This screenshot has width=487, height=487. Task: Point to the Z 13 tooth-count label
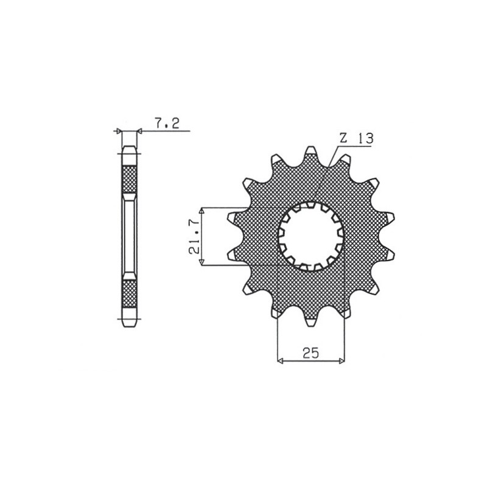pos(356,139)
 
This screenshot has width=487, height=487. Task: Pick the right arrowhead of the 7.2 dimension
pos(139,130)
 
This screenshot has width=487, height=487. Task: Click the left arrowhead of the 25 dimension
pos(280,361)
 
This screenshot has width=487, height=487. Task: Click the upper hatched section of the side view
pos(129,178)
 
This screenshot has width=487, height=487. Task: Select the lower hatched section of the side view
pos(129,293)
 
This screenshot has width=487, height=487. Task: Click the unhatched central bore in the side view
pos(129,236)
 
